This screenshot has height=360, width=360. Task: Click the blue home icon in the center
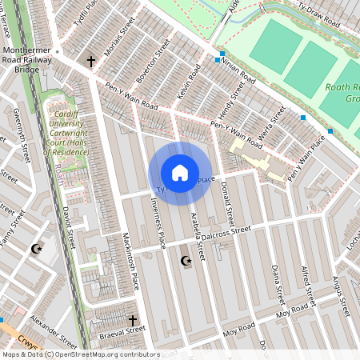point(180,172)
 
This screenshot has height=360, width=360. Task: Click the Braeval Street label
point(122,329)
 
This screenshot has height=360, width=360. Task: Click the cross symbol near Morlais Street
point(90,61)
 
